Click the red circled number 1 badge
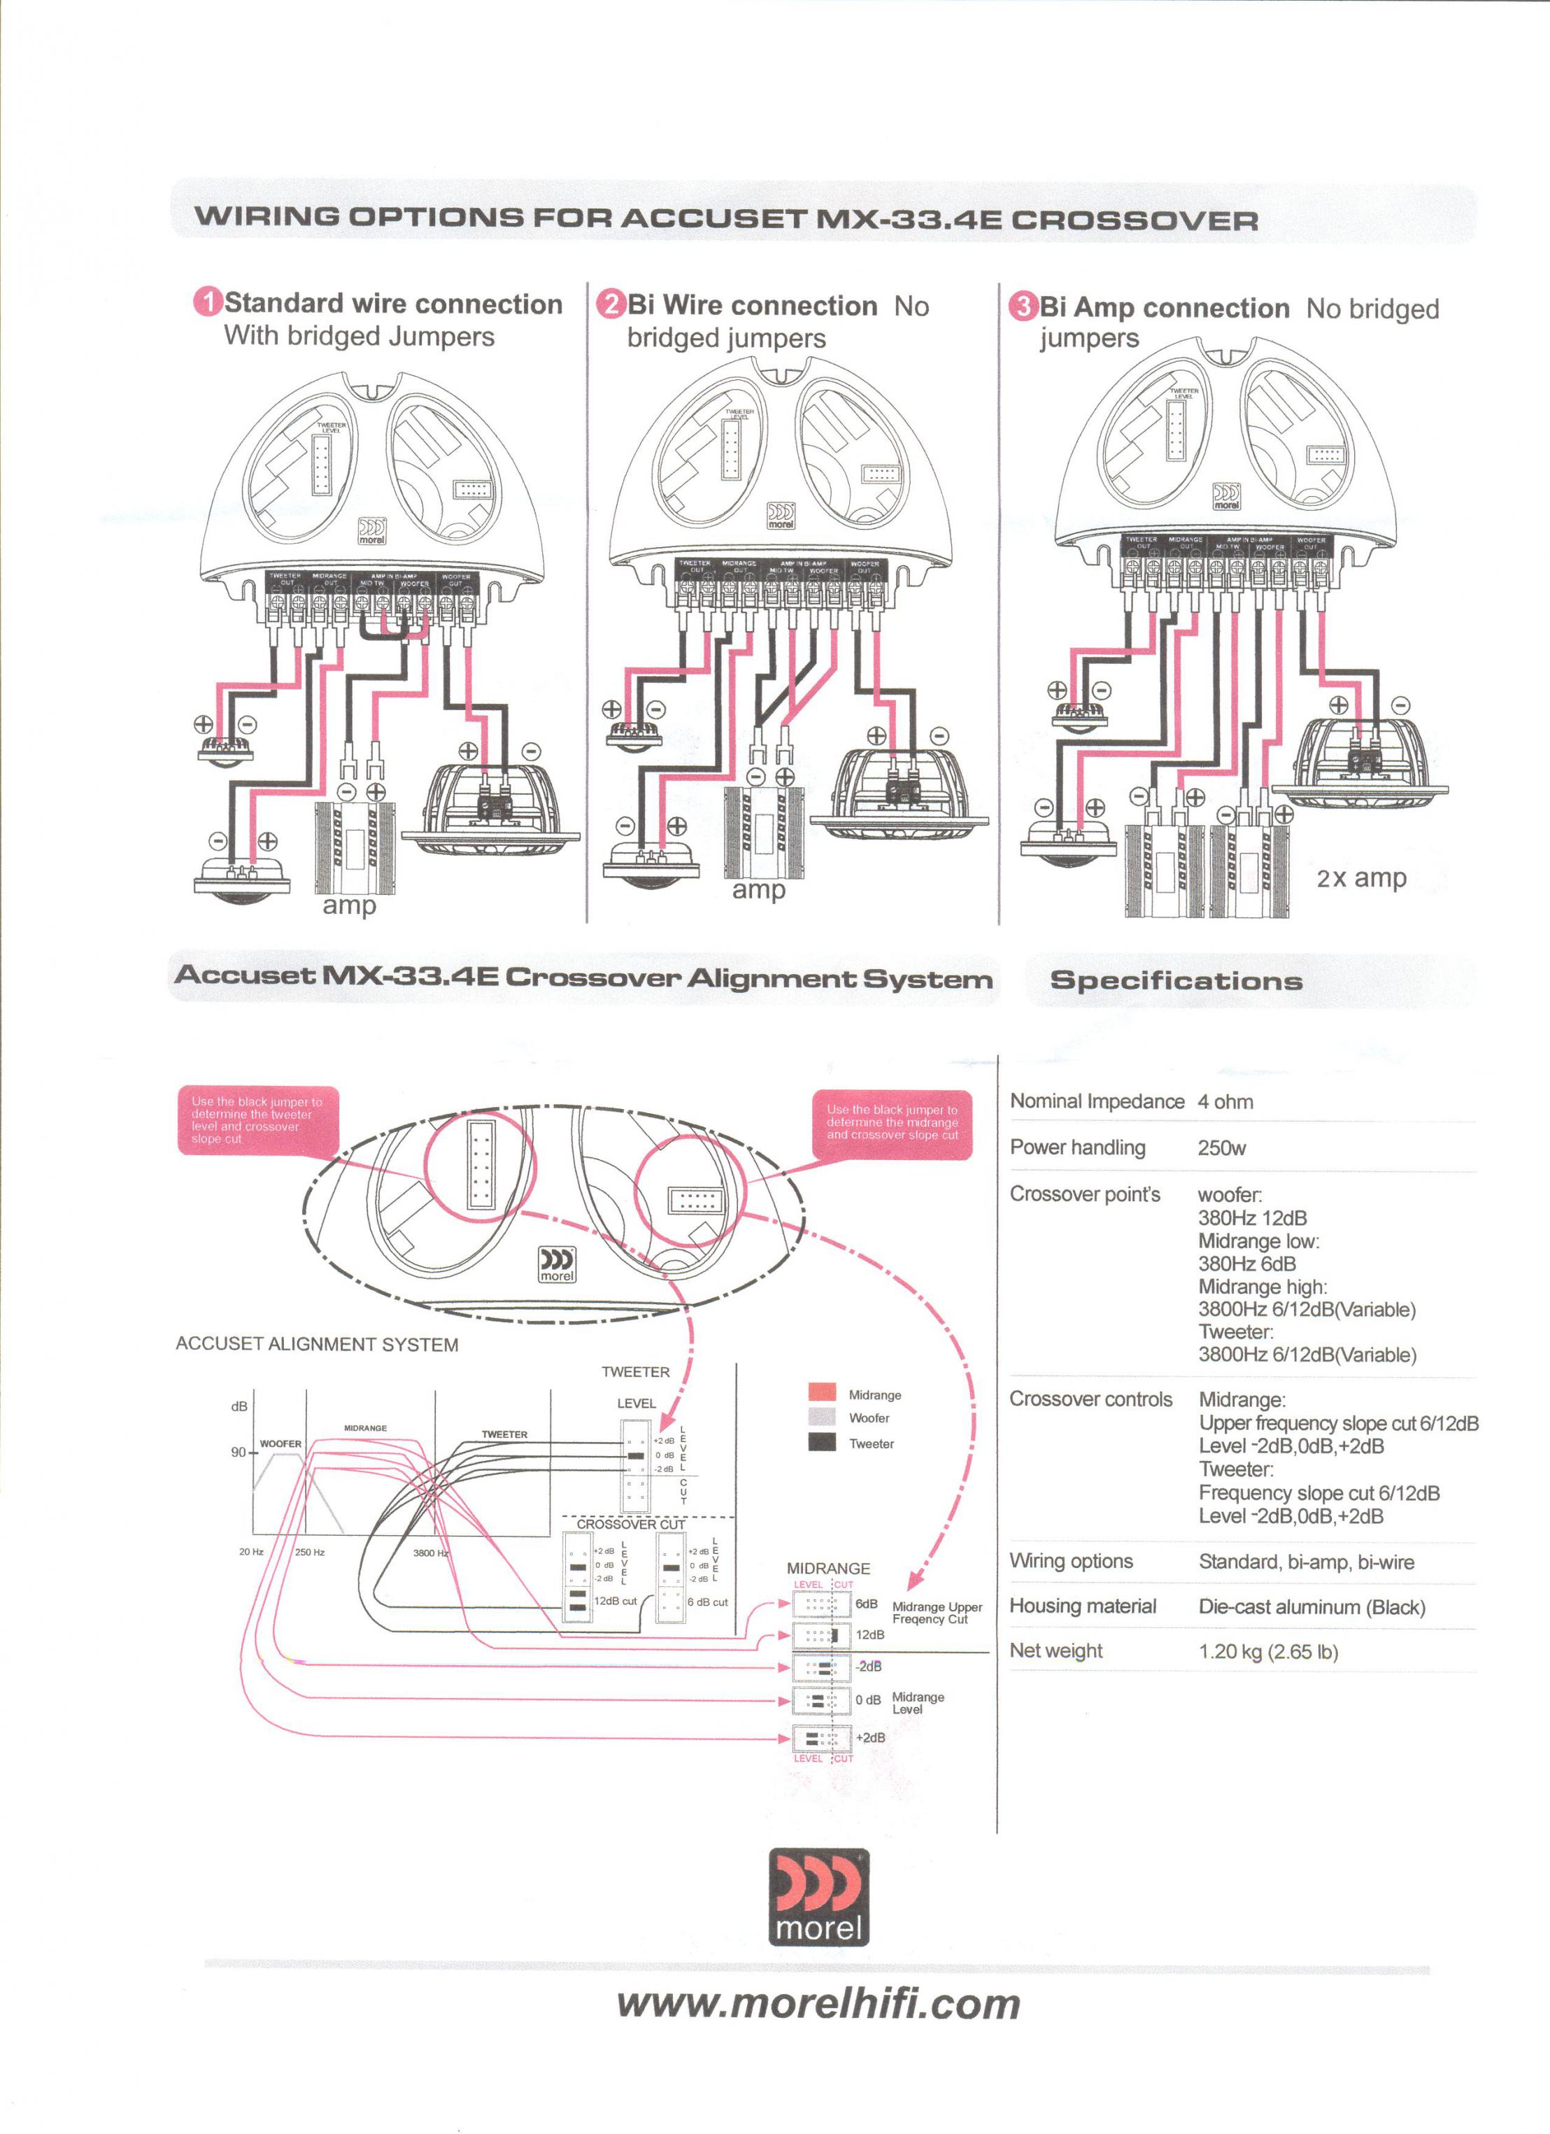point(208,302)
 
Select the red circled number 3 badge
point(1023,306)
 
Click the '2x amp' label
point(1361,878)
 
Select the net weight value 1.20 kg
point(1268,1651)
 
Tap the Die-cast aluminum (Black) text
point(1311,1606)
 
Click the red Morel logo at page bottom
point(818,1897)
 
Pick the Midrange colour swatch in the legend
point(822,1392)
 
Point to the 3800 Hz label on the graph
point(430,1553)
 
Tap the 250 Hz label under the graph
point(309,1552)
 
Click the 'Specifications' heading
point(1176,980)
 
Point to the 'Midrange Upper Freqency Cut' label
point(937,1613)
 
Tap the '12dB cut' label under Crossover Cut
point(615,1601)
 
